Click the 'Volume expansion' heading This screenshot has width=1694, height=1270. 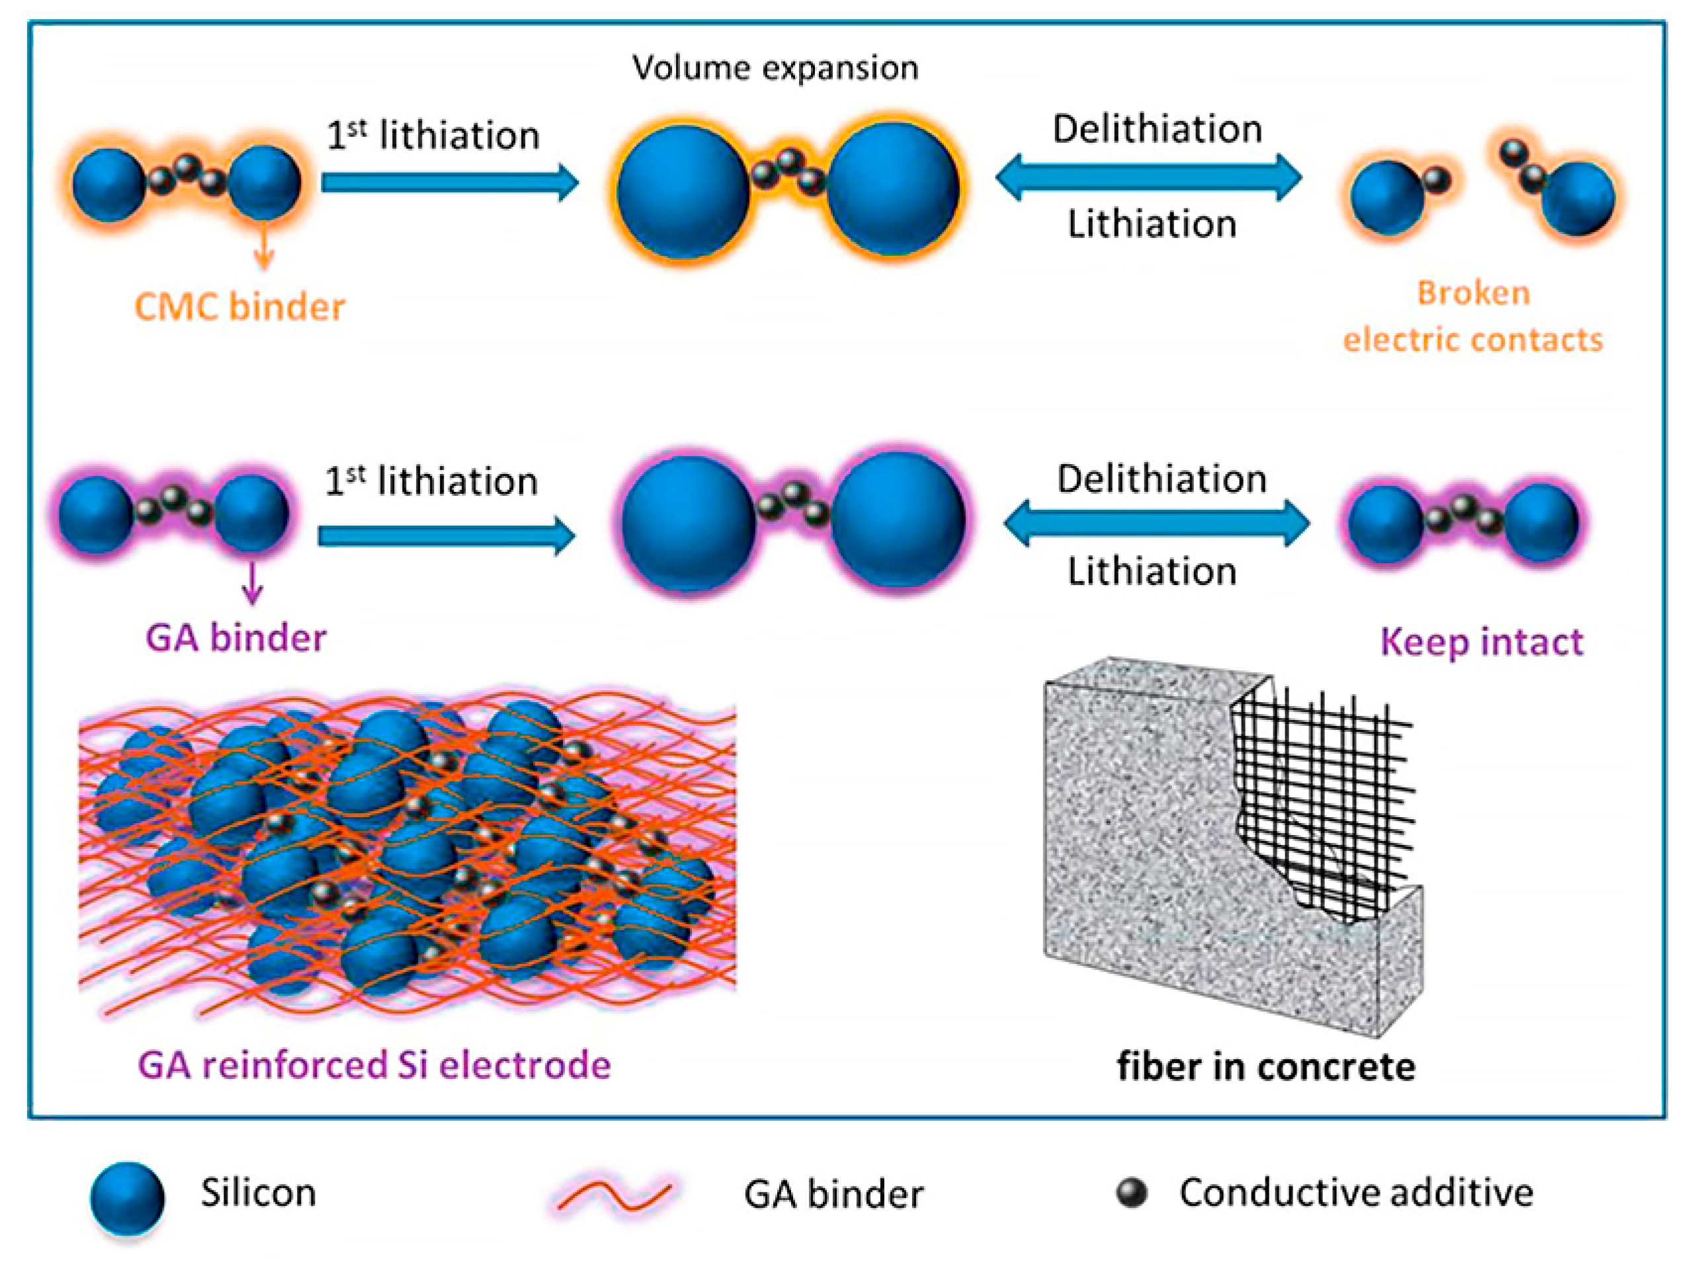pyautogui.click(x=775, y=68)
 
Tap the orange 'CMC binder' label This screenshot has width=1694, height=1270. pyautogui.click(x=239, y=307)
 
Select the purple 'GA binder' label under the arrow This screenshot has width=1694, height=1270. pyautogui.click(x=236, y=638)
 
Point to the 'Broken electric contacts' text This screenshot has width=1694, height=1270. pyautogui.click(x=1472, y=316)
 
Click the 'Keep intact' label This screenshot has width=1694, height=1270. pyautogui.click(x=1481, y=641)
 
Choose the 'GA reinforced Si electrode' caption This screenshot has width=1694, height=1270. pyautogui.click(x=374, y=1065)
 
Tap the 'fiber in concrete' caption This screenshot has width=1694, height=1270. pyautogui.click(x=1266, y=1066)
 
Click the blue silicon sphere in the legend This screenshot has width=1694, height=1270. pyautogui.click(x=127, y=1198)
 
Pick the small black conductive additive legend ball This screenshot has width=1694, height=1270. pyautogui.click(x=1131, y=1193)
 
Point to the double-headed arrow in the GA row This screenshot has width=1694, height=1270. pyautogui.click(x=1156, y=524)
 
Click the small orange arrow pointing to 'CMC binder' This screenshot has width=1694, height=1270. pyautogui.click(x=264, y=245)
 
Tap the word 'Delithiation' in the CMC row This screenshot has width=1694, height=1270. pyautogui.click(x=1157, y=129)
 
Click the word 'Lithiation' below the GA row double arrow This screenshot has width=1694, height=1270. pyautogui.click(x=1152, y=571)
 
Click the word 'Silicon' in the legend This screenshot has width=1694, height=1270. pyautogui.click(x=258, y=1193)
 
